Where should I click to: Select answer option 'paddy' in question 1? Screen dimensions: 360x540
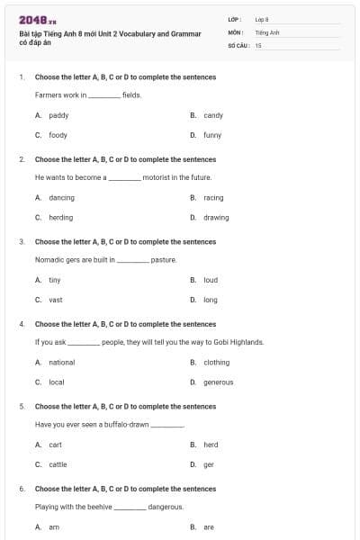[x=58, y=115]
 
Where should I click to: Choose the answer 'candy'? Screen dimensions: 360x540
[x=213, y=115]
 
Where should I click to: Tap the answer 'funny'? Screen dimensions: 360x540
[x=212, y=135]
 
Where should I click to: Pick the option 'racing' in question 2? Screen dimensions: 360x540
[x=213, y=197]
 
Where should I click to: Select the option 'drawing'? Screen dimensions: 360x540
[x=216, y=217]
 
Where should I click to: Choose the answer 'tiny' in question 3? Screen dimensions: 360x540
[x=55, y=279]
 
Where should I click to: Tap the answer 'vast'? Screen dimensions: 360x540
[x=56, y=300]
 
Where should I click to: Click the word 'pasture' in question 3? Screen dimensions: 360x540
[x=163, y=259]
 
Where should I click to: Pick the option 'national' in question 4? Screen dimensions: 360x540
[x=62, y=362]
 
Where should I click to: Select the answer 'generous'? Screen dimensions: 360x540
[x=218, y=382]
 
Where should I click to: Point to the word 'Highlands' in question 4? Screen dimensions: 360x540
[x=247, y=342]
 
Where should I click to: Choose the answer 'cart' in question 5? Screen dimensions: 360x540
[x=56, y=445]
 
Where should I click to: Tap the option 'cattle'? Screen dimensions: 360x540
[x=58, y=464]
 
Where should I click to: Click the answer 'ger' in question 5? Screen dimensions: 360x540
[x=209, y=464]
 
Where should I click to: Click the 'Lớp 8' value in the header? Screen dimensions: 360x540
[x=262, y=19]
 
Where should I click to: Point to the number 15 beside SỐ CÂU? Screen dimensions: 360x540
[x=258, y=44]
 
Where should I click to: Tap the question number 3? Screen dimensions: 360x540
[x=22, y=241]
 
